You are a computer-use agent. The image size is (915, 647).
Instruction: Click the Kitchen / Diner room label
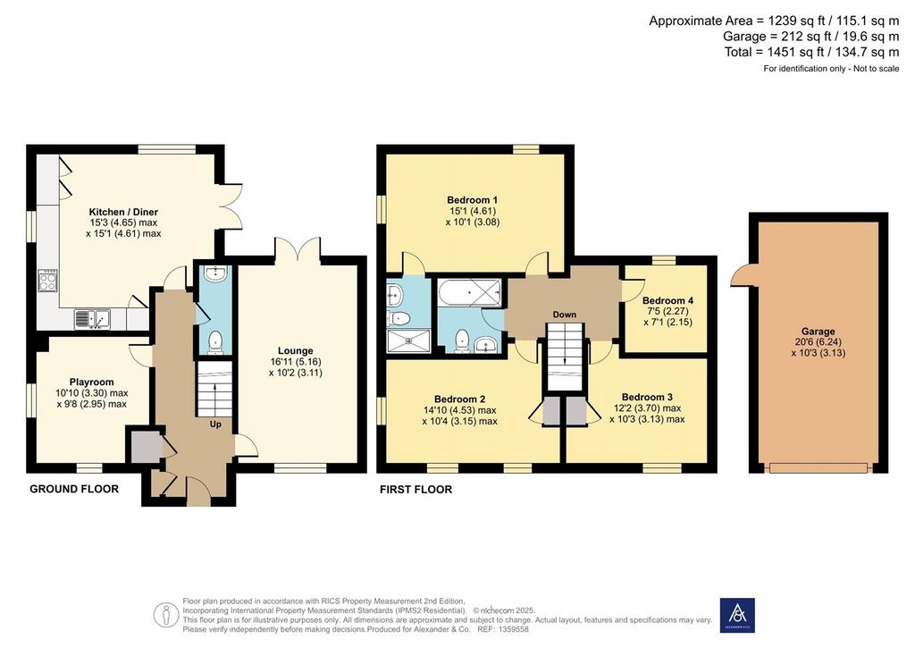click(x=123, y=212)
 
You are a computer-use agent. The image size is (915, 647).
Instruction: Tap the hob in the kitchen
click(x=48, y=281)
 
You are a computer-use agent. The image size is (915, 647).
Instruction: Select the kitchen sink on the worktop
click(x=92, y=319)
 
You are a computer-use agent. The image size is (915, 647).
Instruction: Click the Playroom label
click(x=92, y=382)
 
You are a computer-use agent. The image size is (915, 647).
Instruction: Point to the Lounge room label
click(x=295, y=350)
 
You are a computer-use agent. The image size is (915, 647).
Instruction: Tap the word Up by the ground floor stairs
click(x=215, y=424)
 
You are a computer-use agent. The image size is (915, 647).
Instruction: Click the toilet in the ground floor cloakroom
click(x=215, y=342)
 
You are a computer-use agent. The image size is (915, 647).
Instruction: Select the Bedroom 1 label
click(x=473, y=200)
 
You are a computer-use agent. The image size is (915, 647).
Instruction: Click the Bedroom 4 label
click(x=667, y=300)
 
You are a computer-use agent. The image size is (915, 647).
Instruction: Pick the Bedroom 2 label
click(x=460, y=399)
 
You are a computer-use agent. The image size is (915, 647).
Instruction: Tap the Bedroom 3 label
click(x=647, y=397)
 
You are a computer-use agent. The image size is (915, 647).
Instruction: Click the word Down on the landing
click(x=565, y=315)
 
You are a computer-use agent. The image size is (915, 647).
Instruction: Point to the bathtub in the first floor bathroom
click(x=470, y=291)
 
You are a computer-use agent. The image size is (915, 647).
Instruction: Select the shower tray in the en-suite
click(x=408, y=341)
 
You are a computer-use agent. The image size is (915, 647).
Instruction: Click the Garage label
click(x=818, y=332)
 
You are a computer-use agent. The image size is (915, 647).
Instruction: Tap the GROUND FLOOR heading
click(x=74, y=489)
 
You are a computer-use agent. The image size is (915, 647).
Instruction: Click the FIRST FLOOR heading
click(x=416, y=490)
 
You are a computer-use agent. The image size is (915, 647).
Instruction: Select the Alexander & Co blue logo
click(x=737, y=615)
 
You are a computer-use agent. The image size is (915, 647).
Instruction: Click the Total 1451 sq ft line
click(x=811, y=52)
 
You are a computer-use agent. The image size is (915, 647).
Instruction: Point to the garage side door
click(x=739, y=274)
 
